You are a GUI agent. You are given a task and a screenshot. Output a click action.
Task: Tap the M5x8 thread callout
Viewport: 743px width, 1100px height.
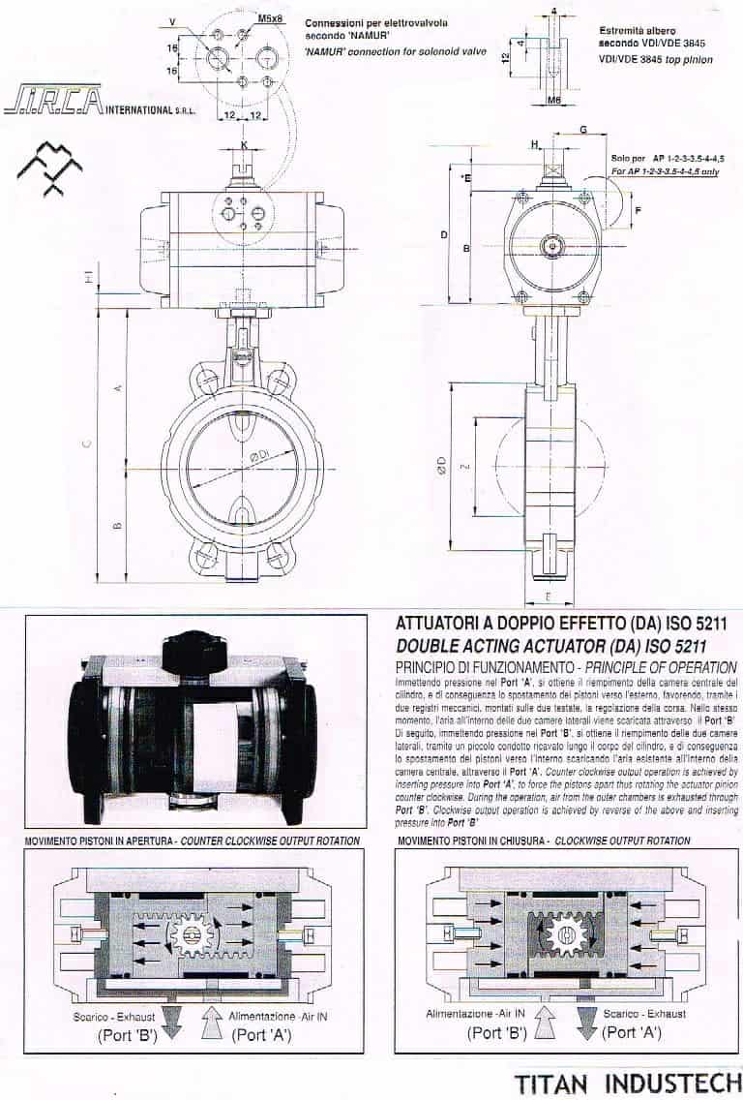(269, 18)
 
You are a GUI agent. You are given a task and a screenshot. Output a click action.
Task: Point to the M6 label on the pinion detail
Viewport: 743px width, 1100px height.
(553, 99)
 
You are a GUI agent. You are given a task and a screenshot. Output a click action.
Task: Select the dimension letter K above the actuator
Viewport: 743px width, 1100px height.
(244, 145)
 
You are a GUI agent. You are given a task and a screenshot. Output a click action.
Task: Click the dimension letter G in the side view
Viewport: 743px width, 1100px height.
(582, 129)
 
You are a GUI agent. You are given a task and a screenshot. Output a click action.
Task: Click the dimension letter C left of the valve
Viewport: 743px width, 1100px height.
(86, 444)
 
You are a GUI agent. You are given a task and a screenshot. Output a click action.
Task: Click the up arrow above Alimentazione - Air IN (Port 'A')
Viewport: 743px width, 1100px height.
(212, 1021)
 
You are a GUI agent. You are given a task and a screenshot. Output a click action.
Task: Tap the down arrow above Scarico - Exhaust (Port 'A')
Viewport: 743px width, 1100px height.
(586, 1021)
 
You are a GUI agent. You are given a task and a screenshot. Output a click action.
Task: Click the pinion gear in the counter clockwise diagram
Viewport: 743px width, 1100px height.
(192, 934)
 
